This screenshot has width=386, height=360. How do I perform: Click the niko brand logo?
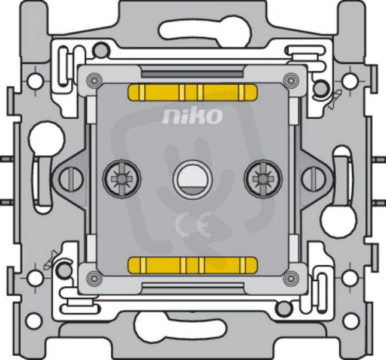tap(192, 116)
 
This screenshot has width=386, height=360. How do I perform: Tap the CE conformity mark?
tap(193, 224)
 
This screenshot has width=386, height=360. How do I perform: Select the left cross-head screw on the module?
tap(122, 179)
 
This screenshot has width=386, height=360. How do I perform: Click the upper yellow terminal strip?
tap(192, 92)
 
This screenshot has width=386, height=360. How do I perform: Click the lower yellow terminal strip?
tap(192, 266)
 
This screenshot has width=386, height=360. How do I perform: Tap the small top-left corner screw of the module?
tap(95, 80)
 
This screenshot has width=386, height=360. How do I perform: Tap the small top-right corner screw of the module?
tap(291, 80)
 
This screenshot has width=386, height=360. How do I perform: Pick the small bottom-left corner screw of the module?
tap(95, 278)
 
